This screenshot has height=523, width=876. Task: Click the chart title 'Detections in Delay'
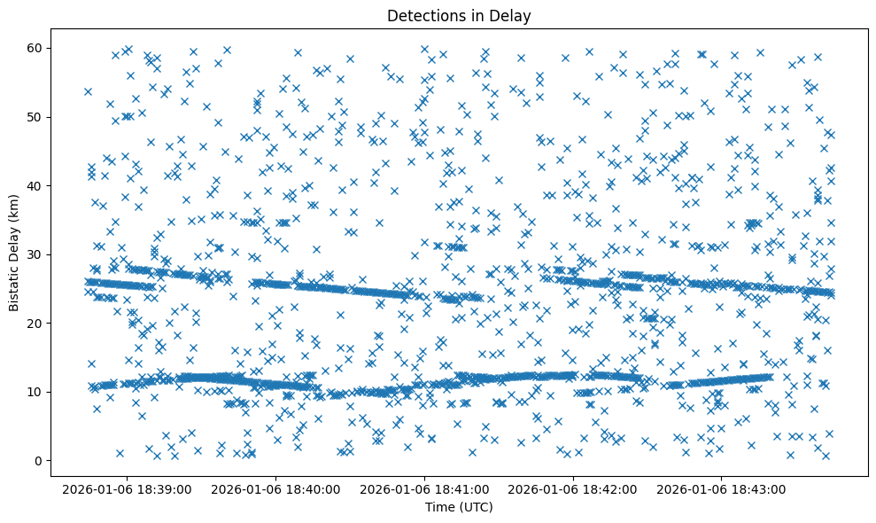[459, 16]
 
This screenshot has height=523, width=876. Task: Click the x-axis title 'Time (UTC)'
[459, 507]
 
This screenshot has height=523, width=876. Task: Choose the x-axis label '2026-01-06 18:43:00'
[723, 488]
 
